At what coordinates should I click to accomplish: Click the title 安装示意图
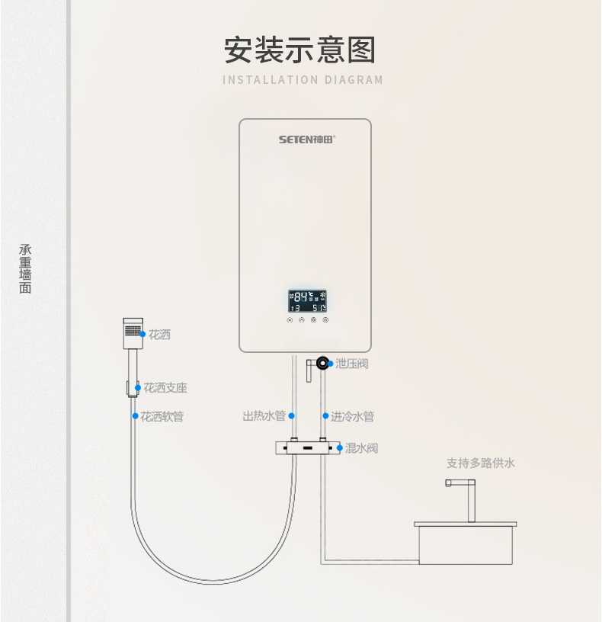pos(300,50)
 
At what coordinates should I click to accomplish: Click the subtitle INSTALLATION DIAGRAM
pos(303,80)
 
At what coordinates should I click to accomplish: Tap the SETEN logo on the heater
pos(306,139)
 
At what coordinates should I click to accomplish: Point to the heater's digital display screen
pos(307,301)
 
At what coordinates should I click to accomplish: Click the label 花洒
pos(159,335)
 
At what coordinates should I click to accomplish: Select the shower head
pos(133,334)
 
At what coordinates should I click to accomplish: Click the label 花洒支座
pos(165,388)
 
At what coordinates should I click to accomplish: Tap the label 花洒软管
pos(162,417)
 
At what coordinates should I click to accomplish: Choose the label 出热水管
pos(264,416)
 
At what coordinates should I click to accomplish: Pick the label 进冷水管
pos(352,417)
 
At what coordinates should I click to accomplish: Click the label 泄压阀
pos(351,364)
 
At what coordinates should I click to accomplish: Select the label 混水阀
pos(361,448)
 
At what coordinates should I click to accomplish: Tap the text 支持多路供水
pos(481,463)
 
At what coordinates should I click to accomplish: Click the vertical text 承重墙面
pos(26,269)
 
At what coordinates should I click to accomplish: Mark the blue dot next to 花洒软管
pos(136,417)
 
